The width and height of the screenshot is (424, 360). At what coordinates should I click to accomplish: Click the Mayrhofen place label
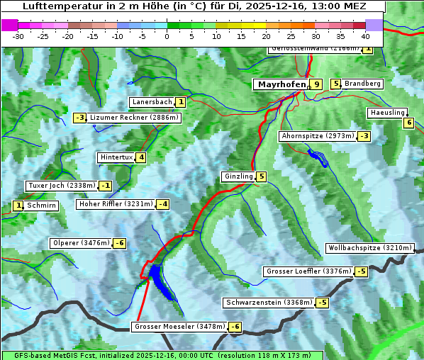pyautogui.click(x=281, y=84)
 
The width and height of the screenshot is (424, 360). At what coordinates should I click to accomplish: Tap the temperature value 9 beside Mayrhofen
pyautogui.click(x=316, y=84)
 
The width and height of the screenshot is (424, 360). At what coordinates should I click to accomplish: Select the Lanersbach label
pyautogui.click(x=152, y=102)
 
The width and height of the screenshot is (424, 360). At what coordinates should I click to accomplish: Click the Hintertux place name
pyautogui.click(x=116, y=157)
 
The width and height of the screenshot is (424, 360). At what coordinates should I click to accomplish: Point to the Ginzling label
pyautogui.click(x=238, y=176)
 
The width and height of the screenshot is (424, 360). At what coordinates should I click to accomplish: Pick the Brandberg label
pyautogui.click(x=362, y=84)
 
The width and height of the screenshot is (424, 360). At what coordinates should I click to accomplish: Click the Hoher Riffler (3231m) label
pyautogui.click(x=115, y=204)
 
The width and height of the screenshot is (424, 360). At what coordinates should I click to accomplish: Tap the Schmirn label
pyautogui.click(x=42, y=206)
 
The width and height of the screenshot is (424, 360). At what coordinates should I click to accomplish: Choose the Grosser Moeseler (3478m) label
pyautogui.click(x=179, y=327)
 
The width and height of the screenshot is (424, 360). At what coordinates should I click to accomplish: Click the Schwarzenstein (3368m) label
pyautogui.click(x=268, y=303)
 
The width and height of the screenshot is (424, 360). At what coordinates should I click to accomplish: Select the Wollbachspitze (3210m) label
pyautogui.click(x=369, y=248)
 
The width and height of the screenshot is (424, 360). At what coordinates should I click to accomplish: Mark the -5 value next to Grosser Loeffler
pyautogui.click(x=362, y=271)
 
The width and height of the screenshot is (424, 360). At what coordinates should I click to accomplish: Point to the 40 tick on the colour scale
pyautogui.click(x=365, y=35)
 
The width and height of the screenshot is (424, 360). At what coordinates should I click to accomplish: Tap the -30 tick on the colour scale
pyautogui.click(x=19, y=35)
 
